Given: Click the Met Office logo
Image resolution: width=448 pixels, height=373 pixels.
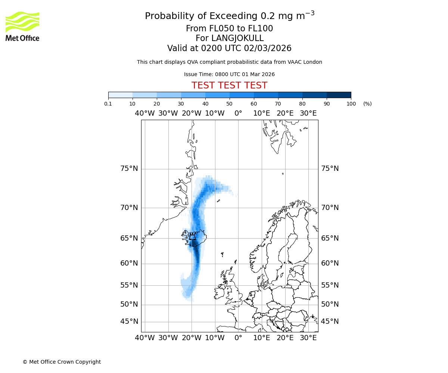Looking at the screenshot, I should pyautogui.click(x=22, y=26).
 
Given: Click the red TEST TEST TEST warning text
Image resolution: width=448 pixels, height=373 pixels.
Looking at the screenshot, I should pyautogui.click(x=229, y=85).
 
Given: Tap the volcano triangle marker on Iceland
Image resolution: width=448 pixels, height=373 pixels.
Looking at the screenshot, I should pyautogui.click(x=192, y=237).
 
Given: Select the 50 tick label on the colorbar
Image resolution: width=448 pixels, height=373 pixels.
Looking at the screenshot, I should pyautogui.click(x=229, y=104).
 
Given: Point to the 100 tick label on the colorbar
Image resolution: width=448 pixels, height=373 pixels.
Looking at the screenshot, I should pyautogui.click(x=351, y=104).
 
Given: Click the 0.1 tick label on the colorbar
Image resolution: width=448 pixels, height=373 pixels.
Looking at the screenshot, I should pyautogui.click(x=108, y=104).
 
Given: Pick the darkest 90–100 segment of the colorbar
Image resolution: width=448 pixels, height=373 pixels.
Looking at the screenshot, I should pyautogui.click(x=339, y=95).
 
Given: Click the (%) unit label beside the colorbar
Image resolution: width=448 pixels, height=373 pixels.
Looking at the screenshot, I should pyautogui.click(x=367, y=104).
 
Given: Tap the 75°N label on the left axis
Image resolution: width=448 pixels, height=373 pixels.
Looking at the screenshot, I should pyautogui.click(x=129, y=169).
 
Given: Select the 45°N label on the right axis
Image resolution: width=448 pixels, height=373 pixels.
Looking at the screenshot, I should pyautogui.click(x=330, y=322).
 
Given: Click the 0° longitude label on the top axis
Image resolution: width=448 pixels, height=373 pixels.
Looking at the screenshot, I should pyautogui.click(x=238, y=113).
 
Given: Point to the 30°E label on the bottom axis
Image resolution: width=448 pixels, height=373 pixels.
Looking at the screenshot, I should pyautogui.click(x=308, y=338).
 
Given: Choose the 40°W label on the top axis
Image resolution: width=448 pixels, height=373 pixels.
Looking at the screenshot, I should pyautogui.click(x=145, y=113).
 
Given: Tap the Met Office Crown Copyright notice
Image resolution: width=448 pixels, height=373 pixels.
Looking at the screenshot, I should pyautogui.click(x=62, y=362).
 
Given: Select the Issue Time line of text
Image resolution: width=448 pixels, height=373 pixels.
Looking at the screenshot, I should pyautogui.click(x=229, y=74).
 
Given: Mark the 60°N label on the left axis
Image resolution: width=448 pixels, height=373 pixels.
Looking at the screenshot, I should pyautogui.click(x=129, y=263).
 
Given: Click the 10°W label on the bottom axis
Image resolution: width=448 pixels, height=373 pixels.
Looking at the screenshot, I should pyautogui.click(x=215, y=338).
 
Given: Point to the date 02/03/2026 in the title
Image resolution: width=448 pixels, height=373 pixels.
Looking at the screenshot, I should pyautogui.click(x=268, y=48).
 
